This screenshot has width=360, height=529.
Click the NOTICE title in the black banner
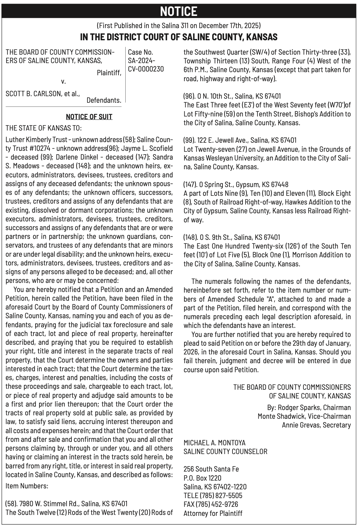178,12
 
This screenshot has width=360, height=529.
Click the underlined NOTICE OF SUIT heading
89,117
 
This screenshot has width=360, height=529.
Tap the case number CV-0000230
146,69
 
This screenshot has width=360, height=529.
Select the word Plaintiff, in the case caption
109,73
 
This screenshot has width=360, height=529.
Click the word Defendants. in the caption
104,100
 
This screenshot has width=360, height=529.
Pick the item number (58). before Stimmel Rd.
12,503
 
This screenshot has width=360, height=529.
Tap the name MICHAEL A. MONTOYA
214,442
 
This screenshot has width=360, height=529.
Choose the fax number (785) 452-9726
217,504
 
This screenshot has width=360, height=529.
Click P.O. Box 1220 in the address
202,478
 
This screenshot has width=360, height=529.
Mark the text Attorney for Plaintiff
213,513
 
